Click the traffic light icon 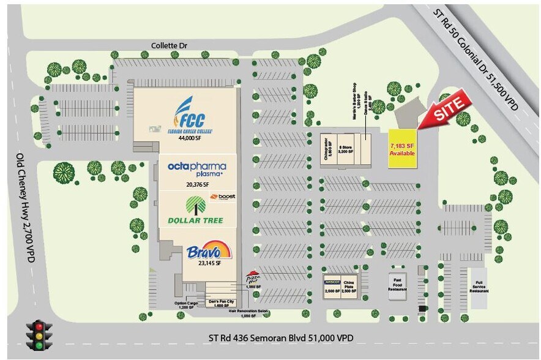point(39,335)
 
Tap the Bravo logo point(209,251)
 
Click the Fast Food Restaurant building point(398,286)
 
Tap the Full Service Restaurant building point(479,286)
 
